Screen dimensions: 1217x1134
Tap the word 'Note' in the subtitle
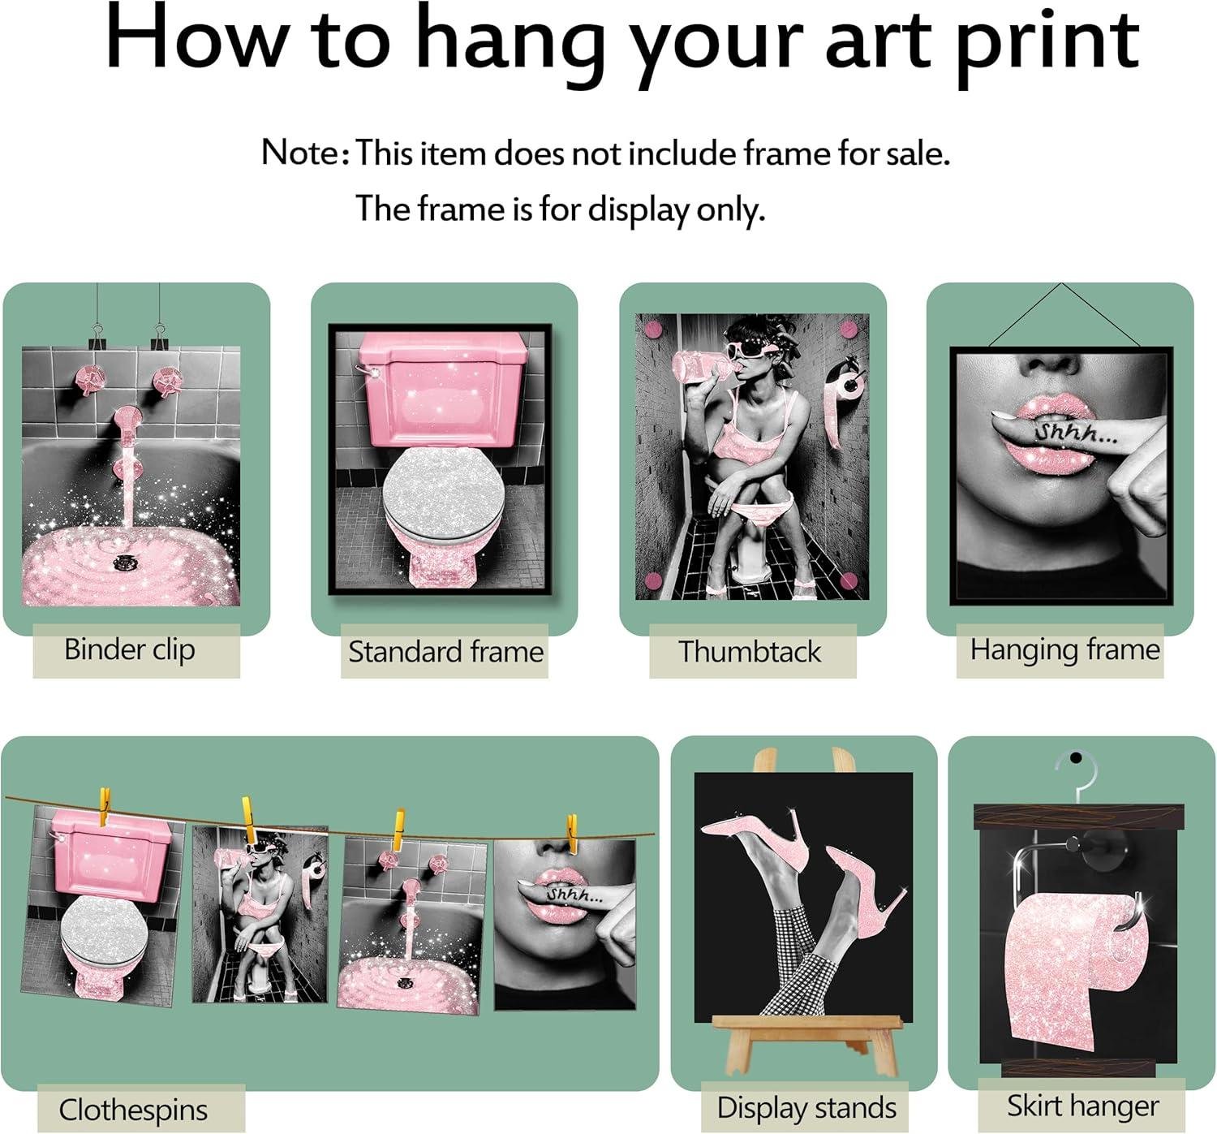pyautogui.click(x=299, y=152)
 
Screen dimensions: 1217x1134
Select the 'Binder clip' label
pyautogui.click(x=130, y=650)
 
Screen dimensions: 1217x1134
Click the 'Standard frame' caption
pyautogui.click(x=445, y=651)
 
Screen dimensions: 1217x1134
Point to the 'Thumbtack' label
pyautogui.click(x=750, y=651)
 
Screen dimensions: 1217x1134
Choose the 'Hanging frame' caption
pyautogui.click(x=1065, y=650)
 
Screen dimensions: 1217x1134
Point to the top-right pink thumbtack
pyautogui.click(x=848, y=330)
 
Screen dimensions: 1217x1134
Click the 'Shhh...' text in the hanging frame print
pyautogui.click(x=1075, y=433)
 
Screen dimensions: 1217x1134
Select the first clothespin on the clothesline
pyautogui.click(x=105, y=807)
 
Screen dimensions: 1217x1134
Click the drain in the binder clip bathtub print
pyautogui.click(x=126, y=561)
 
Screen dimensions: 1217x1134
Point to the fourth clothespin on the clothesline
pyautogui.click(x=572, y=834)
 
